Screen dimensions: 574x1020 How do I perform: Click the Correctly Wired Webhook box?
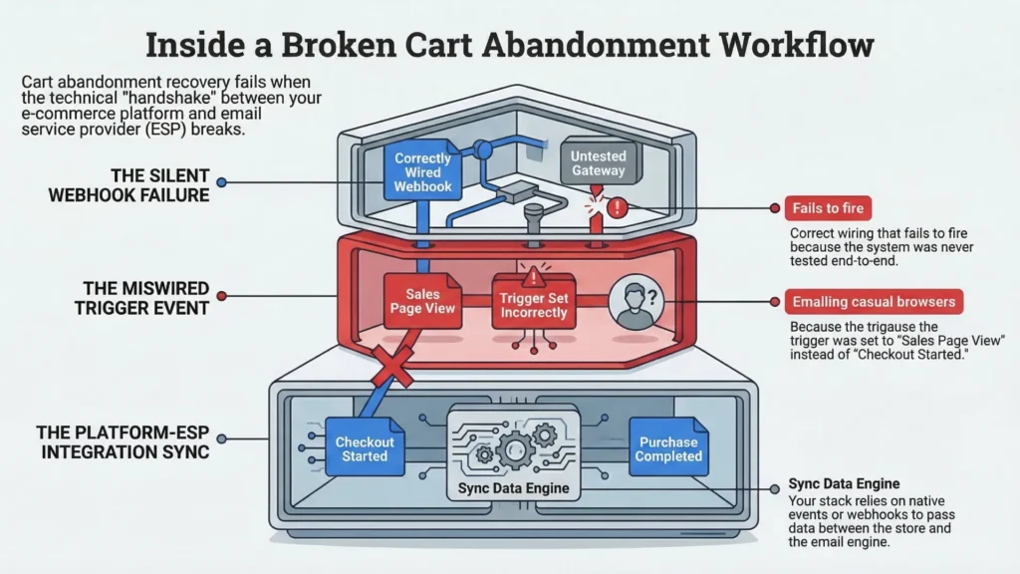[423, 172]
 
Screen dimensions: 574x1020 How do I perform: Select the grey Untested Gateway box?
[598, 163]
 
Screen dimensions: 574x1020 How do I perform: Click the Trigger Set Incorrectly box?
[534, 305]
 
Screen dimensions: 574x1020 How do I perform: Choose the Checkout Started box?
[365, 448]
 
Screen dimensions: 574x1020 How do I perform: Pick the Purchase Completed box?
[668, 448]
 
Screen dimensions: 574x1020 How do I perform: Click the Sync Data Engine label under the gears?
[513, 488]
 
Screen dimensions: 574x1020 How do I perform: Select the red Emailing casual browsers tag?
[873, 301]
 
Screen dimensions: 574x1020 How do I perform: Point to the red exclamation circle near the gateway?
[618, 208]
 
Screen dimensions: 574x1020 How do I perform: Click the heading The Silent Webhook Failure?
[129, 183]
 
